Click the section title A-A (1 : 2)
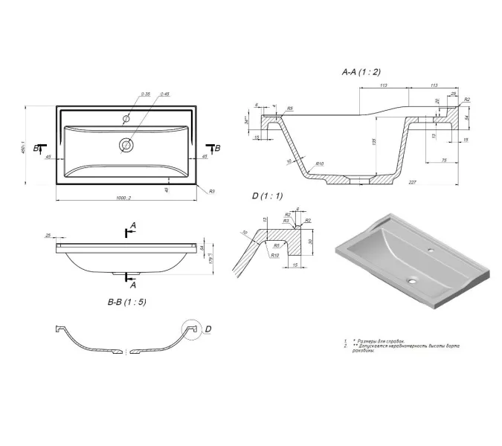point(361,72)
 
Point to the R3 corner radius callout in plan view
point(212,192)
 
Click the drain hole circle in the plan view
point(126,144)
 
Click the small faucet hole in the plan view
point(126,118)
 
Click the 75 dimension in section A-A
point(443,158)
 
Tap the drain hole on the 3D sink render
point(411,281)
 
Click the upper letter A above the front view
point(133,224)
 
